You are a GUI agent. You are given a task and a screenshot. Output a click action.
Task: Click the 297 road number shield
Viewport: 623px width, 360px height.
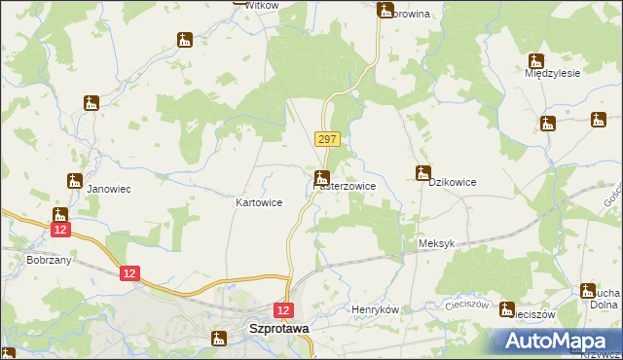(327, 140)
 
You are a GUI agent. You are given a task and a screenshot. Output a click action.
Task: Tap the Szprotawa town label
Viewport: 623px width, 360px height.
(279, 329)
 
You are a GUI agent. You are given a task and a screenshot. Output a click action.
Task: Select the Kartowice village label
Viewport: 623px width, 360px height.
(259, 202)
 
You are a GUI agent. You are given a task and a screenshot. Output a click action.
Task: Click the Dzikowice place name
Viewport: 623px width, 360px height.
(452, 182)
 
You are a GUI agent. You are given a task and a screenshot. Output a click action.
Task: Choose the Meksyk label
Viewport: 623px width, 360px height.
(436, 244)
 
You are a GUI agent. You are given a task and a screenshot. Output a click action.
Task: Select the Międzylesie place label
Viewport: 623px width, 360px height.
(552, 72)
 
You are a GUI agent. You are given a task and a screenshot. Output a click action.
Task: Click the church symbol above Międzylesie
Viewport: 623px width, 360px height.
(534, 60)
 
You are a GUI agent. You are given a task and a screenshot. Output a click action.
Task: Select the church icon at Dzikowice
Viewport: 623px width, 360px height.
(422, 173)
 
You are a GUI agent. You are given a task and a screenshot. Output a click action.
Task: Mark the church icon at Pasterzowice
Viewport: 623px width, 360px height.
(321, 177)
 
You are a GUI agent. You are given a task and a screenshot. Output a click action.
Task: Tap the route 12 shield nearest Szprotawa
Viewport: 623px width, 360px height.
(283, 310)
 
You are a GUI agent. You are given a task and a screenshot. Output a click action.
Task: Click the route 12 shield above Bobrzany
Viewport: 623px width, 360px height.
(60, 229)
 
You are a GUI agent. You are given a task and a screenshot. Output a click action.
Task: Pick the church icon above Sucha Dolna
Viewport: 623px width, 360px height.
(587, 289)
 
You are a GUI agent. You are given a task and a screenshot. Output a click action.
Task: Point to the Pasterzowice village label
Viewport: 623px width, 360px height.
(351, 185)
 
